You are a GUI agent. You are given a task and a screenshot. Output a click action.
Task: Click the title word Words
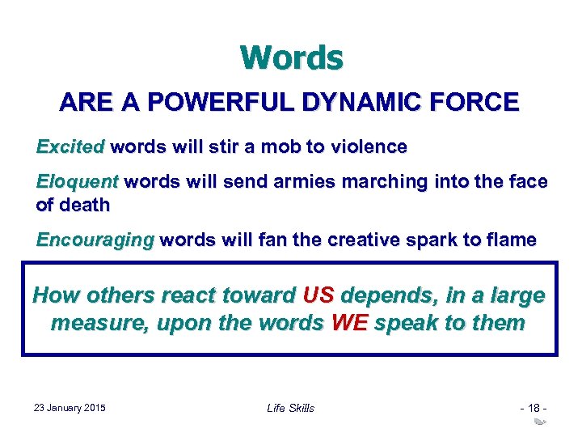(291, 57)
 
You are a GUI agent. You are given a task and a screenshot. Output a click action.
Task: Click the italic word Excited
(70, 147)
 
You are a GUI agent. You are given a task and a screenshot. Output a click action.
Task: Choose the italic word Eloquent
(77, 182)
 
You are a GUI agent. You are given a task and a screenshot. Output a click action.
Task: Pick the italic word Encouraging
(95, 240)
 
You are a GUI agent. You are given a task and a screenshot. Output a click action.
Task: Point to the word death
(83, 205)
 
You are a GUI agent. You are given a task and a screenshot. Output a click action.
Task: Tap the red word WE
(349, 324)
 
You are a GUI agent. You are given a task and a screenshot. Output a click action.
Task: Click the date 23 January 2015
(70, 407)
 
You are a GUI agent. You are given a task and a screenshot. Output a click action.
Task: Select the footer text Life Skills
(290, 407)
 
